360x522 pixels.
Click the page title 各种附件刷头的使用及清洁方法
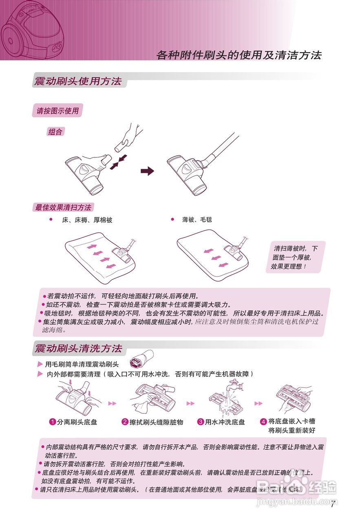(239, 55)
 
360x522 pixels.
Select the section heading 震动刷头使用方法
(78, 81)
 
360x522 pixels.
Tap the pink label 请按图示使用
(57, 111)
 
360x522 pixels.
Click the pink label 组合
(55, 132)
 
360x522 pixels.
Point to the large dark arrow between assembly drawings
(147, 171)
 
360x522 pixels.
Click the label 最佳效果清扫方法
(63, 208)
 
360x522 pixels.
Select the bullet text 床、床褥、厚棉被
(87, 220)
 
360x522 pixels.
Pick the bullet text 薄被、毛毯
(197, 220)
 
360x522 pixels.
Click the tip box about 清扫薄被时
(295, 257)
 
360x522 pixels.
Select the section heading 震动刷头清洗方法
(78, 349)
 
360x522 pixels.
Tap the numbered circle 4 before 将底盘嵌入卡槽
(263, 421)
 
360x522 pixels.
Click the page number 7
(333, 504)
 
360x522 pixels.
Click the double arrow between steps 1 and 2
(112, 403)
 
